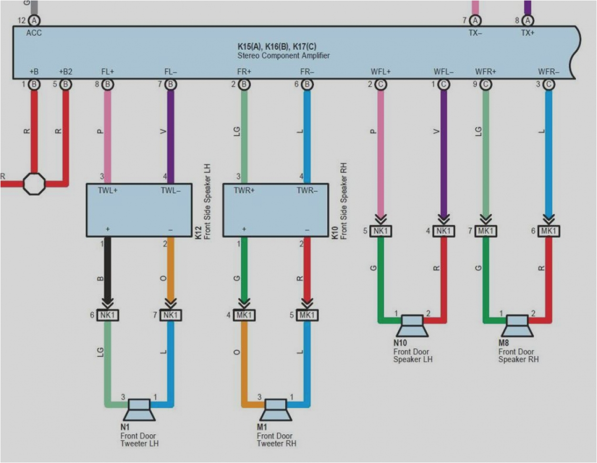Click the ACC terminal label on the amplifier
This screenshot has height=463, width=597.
click(x=34, y=33)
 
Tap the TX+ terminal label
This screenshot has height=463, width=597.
click(x=527, y=33)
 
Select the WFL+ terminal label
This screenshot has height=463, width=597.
click(x=380, y=72)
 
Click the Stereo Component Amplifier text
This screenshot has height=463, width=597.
click(x=283, y=55)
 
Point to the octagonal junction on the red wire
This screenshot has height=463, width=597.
click(x=34, y=183)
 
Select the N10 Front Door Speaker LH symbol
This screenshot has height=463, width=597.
click(x=412, y=326)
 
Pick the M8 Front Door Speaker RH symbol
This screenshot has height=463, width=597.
click(x=517, y=326)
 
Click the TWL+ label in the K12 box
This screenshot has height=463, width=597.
click(x=108, y=190)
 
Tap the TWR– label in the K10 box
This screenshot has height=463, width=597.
click(x=306, y=190)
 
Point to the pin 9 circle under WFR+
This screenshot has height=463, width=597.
click(x=486, y=84)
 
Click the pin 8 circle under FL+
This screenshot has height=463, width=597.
click(x=108, y=84)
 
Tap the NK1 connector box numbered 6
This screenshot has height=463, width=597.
click(x=107, y=315)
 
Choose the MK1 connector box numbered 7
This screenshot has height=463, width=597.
click(x=486, y=231)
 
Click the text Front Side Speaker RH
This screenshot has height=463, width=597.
click(x=344, y=201)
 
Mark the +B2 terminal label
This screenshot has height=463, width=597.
click(x=65, y=72)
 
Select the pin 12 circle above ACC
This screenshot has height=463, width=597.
click(x=34, y=20)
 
